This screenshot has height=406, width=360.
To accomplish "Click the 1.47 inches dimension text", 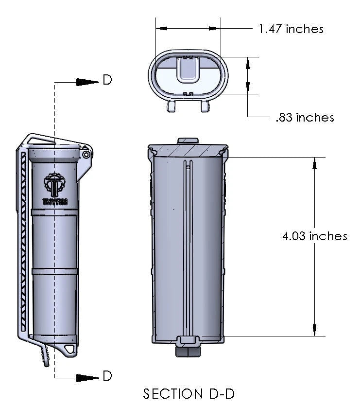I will tap(291, 29).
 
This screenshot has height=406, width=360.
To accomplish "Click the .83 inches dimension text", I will tap(304, 117).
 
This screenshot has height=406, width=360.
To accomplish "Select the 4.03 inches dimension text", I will tap(315, 236).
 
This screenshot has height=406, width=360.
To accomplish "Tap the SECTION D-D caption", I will tap(189, 393).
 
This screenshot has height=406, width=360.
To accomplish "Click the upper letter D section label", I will tap(107, 80).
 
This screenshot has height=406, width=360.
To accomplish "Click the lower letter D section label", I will tap(107, 376).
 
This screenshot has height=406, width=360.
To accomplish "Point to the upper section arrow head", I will tap(87, 81).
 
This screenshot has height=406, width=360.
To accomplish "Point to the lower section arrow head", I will tap(87, 377).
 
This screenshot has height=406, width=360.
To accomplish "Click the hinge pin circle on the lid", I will tap(86, 154).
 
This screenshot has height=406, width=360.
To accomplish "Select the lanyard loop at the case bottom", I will tap(70, 349).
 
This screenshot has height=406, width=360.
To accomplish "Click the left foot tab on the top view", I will tap(171, 106).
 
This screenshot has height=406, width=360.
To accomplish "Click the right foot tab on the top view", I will tap(205, 106).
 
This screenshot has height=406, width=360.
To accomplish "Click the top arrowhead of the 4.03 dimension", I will tap(315, 163).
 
